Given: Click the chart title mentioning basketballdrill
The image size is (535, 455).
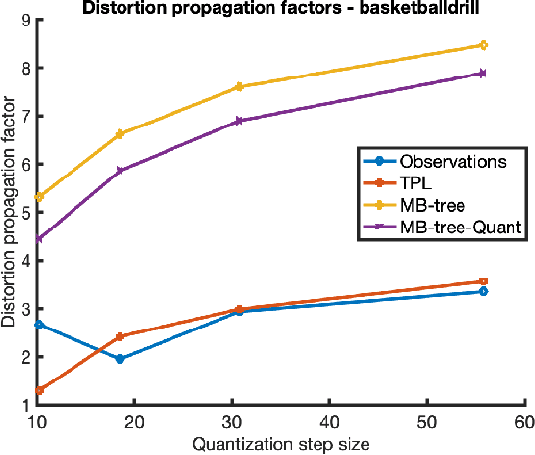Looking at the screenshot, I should tap(281, 8).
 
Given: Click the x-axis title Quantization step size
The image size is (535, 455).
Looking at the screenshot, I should tap(281, 444).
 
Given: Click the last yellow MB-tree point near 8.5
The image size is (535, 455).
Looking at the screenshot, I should tap(483, 45).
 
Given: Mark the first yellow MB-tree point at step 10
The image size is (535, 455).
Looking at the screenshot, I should tap(38, 197).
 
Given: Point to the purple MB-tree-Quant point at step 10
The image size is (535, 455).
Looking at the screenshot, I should tap(38, 239).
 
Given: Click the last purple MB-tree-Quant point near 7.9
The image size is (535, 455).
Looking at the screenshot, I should tap(483, 73).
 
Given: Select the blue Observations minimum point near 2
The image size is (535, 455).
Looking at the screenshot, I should tap(120, 359).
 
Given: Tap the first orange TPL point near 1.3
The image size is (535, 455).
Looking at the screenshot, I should tap(38, 390).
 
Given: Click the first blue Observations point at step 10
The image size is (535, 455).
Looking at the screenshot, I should tap(38, 324).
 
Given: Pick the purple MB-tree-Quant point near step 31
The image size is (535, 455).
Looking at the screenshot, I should tap(239, 121).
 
